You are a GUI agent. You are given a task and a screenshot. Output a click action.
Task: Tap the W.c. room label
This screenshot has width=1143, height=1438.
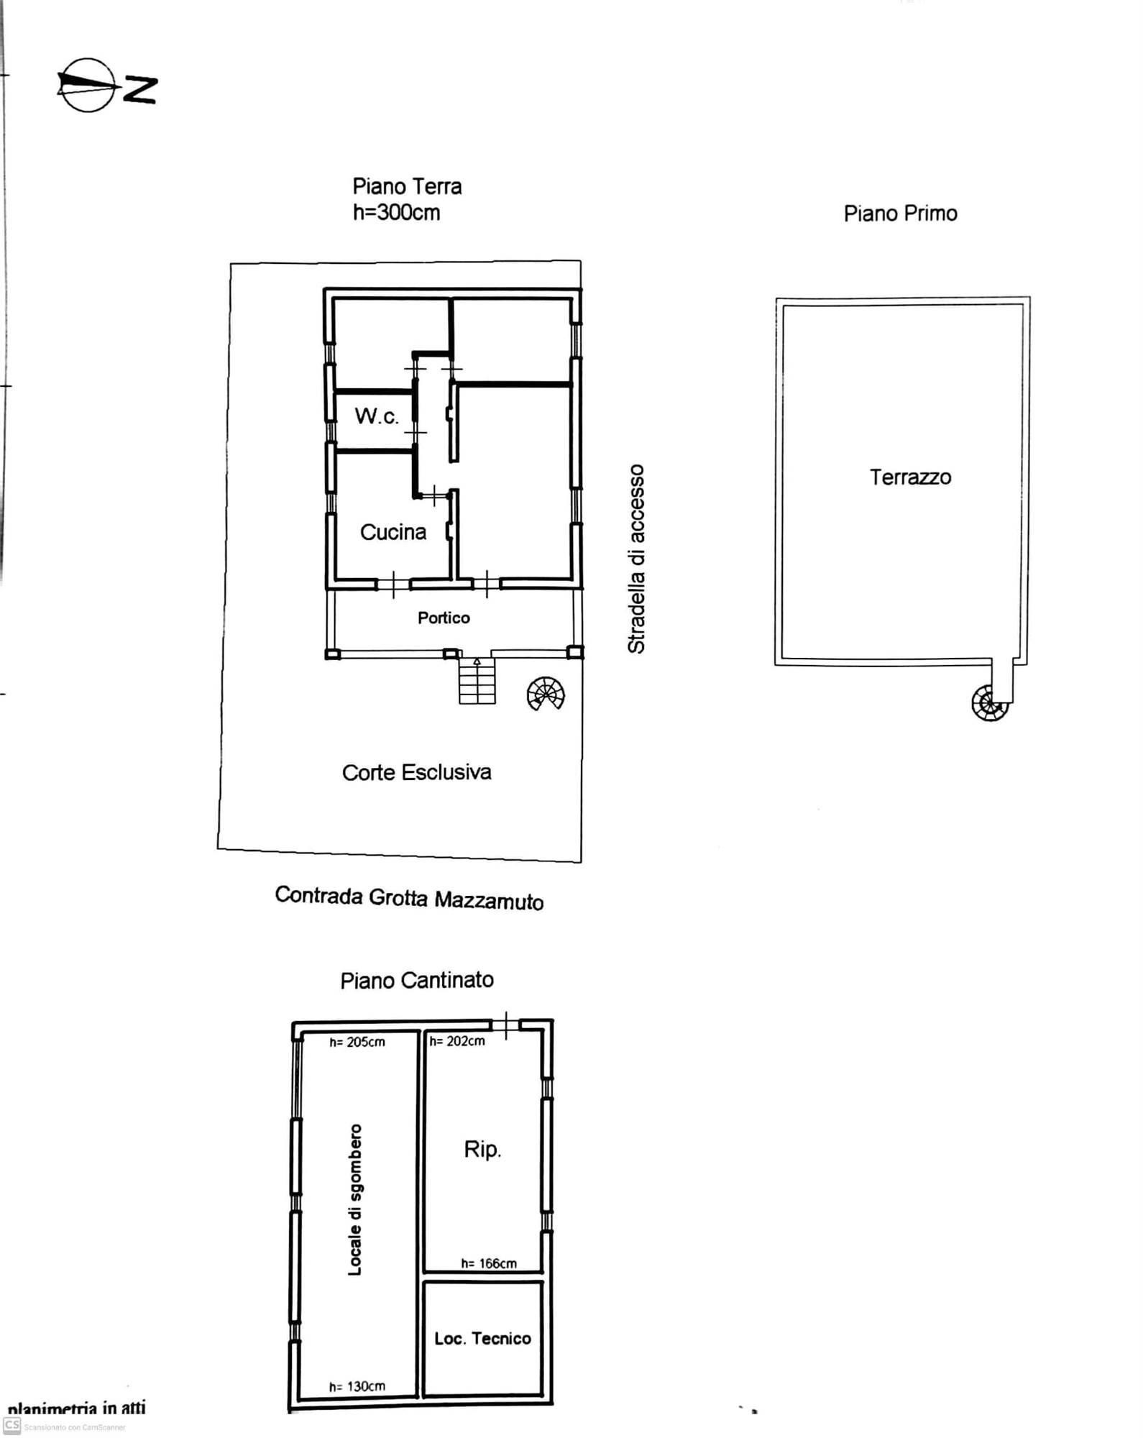pos(376,416)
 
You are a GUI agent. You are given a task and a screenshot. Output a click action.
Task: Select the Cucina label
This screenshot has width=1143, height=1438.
pos(393,532)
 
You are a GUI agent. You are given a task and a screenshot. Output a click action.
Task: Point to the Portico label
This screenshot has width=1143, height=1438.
pos(444,618)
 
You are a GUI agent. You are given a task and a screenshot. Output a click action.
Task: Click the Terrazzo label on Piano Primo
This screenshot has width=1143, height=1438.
pos(910,477)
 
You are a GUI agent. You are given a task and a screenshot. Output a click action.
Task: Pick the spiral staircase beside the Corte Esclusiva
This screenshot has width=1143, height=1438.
pos(546,693)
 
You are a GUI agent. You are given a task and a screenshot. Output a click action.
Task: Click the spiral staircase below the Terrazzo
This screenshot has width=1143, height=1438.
pos(990,702)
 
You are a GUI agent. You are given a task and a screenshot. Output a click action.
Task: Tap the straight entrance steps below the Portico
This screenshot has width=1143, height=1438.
pos(477,680)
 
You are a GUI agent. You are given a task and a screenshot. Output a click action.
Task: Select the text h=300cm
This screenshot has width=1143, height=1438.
pos(396,212)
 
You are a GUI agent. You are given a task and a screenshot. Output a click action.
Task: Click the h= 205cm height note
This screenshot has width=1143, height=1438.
pos(357,1042)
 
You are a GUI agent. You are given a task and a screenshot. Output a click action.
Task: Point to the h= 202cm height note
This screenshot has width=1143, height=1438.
pos(457,1040)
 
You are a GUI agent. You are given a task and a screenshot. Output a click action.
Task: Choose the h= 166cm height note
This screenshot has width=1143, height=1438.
pos(489,1263)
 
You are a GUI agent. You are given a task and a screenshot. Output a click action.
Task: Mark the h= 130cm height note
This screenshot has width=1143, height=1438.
pos(357,1386)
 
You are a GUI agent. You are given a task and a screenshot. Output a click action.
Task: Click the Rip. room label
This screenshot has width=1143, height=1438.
pos(482,1150)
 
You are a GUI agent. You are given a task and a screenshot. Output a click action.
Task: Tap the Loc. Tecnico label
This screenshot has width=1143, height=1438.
pos(482,1338)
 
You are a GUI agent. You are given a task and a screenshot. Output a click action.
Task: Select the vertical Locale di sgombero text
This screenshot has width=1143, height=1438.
pos(355,1200)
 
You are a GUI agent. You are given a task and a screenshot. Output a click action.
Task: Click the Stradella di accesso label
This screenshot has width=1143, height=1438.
pos(636,559)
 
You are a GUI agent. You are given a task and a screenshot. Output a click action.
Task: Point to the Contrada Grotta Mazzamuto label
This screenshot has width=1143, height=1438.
pos(409,898)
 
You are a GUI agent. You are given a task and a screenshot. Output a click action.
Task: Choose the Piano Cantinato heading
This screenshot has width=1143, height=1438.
pos(417,980)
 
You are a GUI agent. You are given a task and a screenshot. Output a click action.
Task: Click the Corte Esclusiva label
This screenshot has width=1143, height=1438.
pos(417,772)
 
